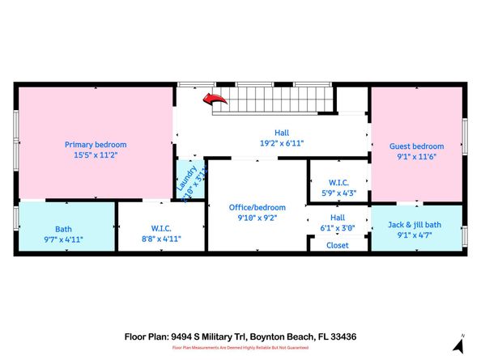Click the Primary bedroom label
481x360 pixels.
coord(96,145)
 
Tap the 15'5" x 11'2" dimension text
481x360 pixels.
coord(96,155)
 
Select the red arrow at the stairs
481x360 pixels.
coord(214,100)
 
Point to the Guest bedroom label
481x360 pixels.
coord(416,146)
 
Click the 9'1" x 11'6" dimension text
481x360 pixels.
coord(416,157)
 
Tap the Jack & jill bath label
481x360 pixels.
coord(416,224)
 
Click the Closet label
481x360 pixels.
coord(337,245)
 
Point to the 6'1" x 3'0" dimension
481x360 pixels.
coord(337,228)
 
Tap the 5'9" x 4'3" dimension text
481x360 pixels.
coord(338,193)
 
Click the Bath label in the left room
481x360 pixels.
coord(63,229)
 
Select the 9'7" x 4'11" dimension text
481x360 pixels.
coord(63,239)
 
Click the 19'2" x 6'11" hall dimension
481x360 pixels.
coord(281,143)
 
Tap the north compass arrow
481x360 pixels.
coord(459,345)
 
